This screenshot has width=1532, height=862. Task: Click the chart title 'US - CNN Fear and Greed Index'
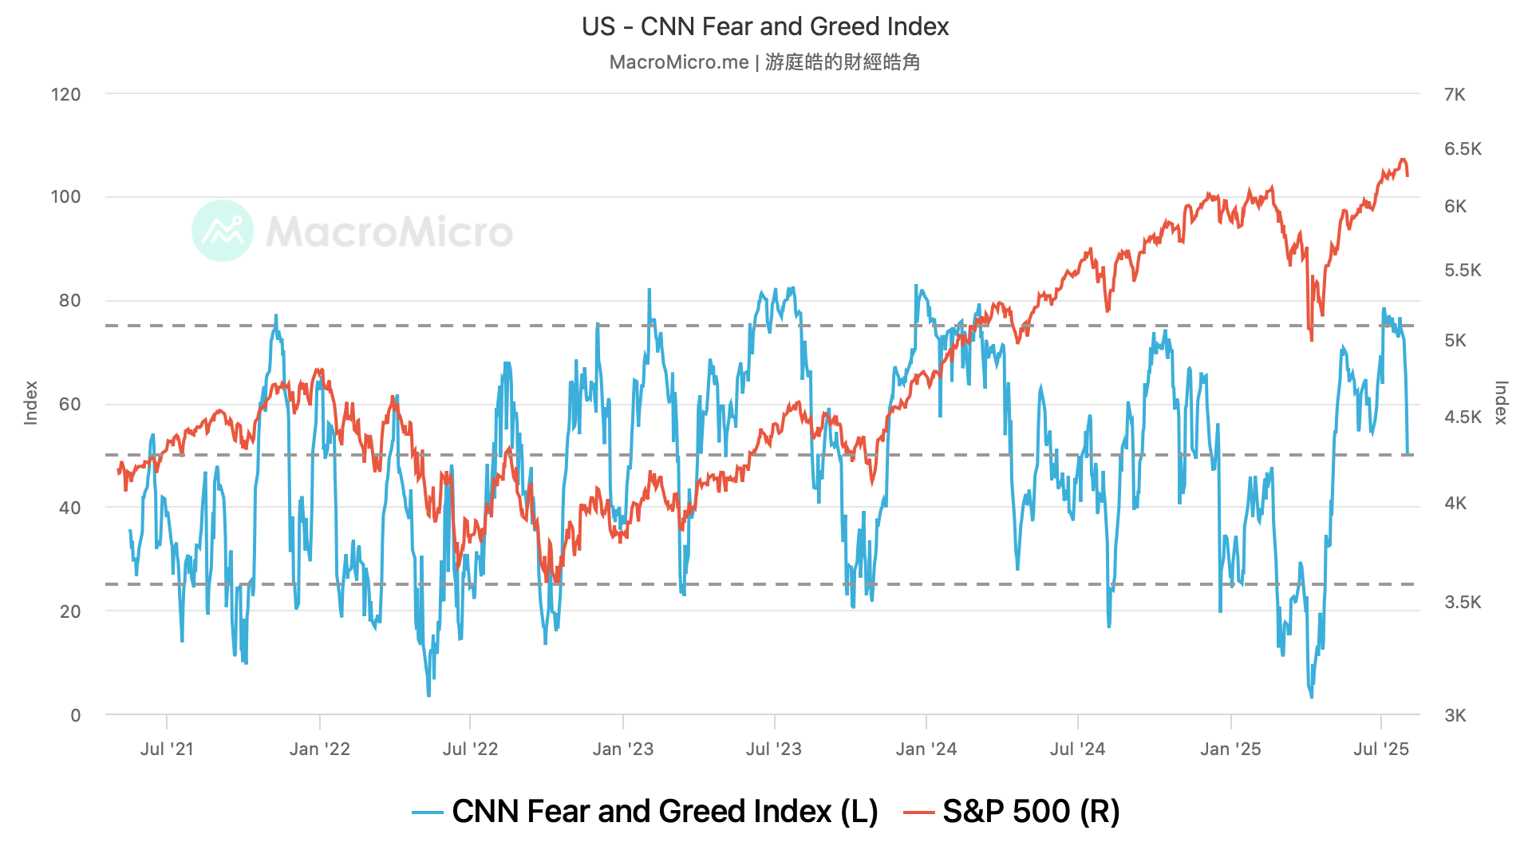(765, 26)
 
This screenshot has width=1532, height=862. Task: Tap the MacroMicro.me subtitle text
(764, 62)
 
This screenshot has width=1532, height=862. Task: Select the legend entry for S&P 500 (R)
(1012, 812)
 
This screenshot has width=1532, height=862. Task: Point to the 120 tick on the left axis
(65, 94)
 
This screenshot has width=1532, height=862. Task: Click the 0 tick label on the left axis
(75, 715)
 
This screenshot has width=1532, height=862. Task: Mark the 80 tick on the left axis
(69, 301)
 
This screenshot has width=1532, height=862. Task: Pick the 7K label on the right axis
(1455, 94)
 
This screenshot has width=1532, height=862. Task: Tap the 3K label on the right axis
(1455, 715)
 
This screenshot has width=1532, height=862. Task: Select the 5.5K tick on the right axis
(1462, 270)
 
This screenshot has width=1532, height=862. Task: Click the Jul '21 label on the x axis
(166, 749)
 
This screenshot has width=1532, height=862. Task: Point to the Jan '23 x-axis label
(622, 749)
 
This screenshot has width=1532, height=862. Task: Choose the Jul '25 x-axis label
(1380, 749)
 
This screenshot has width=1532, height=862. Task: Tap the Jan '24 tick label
(926, 749)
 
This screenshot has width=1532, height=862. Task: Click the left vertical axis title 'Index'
(31, 403)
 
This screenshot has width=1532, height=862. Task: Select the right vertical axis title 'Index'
(1500, 403)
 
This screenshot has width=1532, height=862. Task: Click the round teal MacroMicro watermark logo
(223, 231)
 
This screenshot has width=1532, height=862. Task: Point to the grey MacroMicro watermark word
(389, 231)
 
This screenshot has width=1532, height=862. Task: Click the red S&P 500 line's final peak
(1402, 160)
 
